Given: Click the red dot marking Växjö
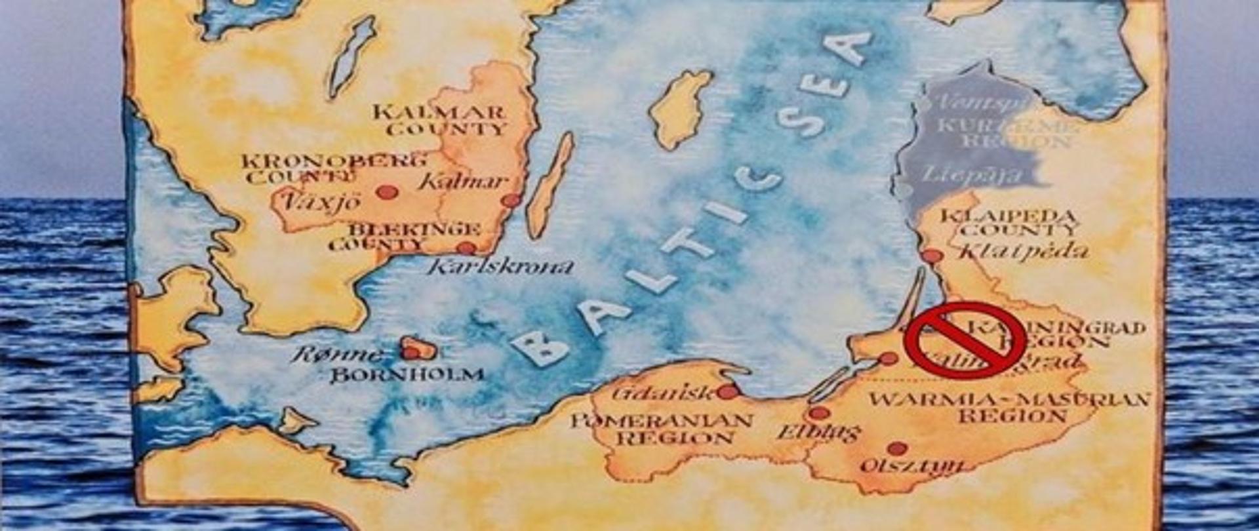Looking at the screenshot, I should click(x=387, y=192).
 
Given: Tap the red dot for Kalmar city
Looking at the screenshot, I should click(x=511, y=200).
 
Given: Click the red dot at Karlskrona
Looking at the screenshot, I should click(x=466, y=248).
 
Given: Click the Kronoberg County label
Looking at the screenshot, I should click(x=334, y=168).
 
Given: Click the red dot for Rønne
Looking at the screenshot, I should click(x=411, y=353).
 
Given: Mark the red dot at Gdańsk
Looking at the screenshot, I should click(x=727, y=391).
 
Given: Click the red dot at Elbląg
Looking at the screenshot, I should click(x=818, y=413).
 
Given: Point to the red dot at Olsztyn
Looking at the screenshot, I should click(x=896, y=449).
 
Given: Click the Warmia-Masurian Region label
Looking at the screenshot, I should click(x=1010, y=407).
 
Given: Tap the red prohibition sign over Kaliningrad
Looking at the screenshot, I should click(x=965, y=340).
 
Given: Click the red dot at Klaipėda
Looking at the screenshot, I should click(x=931, y=256).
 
